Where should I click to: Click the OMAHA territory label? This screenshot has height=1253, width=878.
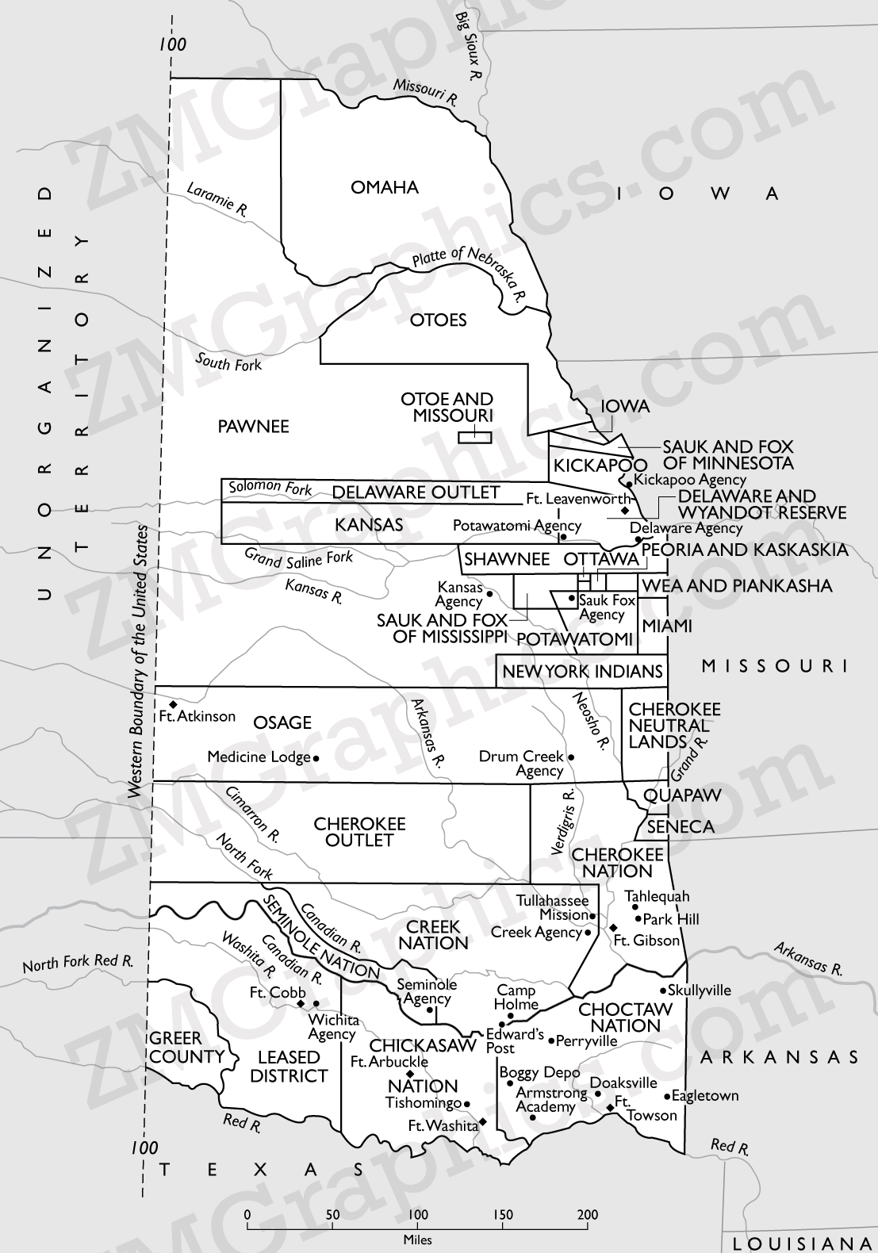[x=385, y=188]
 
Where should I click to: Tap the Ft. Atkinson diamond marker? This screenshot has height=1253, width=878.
[x=173, y=704]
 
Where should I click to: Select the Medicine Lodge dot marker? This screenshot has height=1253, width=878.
[x=316, y=758]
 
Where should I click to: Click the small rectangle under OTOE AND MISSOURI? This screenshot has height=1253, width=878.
[x=475, y=437]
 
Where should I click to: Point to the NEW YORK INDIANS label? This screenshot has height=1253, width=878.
[x=582, y=672]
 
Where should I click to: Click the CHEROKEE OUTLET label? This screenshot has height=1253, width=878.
[x=359, y=832]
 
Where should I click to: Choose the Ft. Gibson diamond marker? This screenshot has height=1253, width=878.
[x=613, y=927]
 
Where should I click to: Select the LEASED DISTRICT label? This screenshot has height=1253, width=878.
[x=289, y=1067]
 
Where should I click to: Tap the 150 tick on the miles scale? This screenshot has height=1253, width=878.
[x=503, y=1214]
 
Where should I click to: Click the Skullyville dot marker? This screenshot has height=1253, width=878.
[x=663, y=991]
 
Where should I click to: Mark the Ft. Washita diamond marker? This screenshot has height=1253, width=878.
[x=482, y=1123]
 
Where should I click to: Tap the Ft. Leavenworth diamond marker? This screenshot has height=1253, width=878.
[x=624, y=510]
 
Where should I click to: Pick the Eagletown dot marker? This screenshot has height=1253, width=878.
[x=666, y=1097]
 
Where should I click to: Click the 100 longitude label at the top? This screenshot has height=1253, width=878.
[x=172, y=44]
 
